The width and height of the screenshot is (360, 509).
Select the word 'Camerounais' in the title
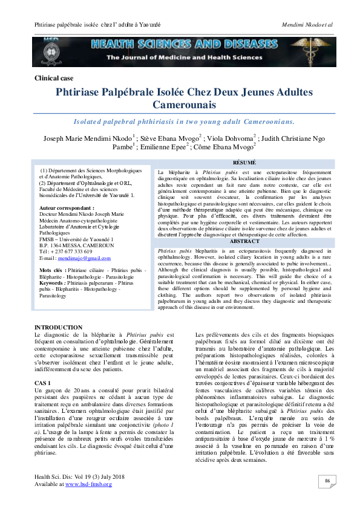(x=180, y=105)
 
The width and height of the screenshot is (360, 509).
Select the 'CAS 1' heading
(x=43, y=366)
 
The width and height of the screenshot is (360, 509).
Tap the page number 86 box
(x=327, y=481)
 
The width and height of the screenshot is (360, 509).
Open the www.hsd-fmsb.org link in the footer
(x=88, y=484)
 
